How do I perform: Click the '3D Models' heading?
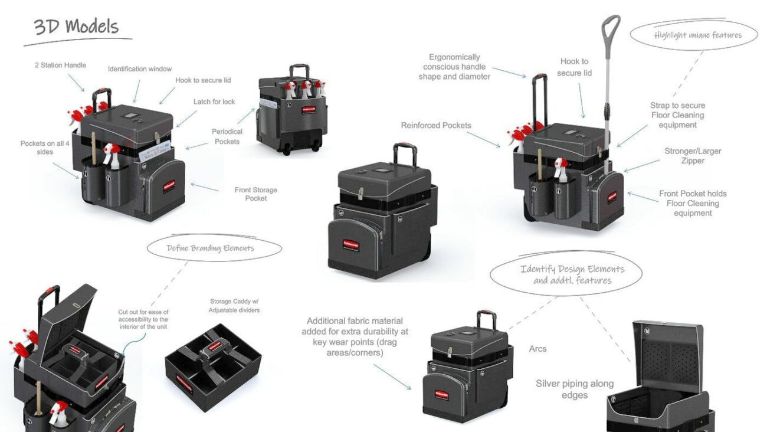(77, 27)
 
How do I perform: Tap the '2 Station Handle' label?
(60, 66)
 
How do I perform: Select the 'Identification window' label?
(140, 69)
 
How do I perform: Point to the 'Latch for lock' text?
(214, 102)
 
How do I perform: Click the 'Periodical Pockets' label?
(227, 136)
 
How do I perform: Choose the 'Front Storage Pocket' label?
(255, 194)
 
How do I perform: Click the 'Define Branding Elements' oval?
(211, 248)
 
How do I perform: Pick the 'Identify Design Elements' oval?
(572, 274)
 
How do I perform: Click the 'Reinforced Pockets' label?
(436, 126)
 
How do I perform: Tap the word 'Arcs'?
(537, 349)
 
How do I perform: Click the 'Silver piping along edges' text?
(574, 390)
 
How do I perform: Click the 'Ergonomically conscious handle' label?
(454, 67)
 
